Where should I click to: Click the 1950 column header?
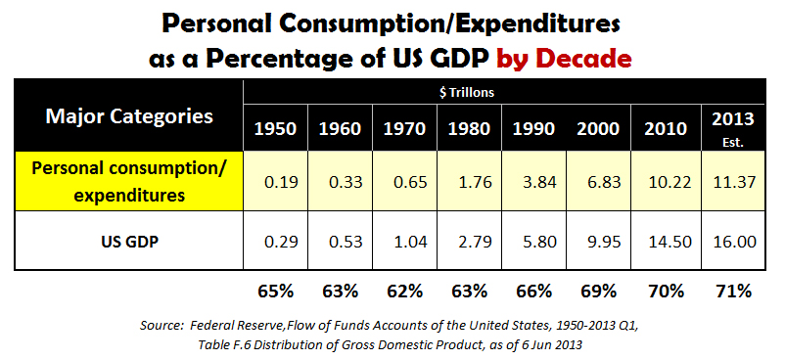276,128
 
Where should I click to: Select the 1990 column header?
533,128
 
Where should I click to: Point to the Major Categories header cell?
129,117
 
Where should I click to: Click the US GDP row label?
129,240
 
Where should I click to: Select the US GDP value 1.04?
404,240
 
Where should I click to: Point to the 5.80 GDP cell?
533,240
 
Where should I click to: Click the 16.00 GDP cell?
732,240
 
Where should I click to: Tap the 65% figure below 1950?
276,291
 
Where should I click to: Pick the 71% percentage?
732,291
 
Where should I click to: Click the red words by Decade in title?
564,58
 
